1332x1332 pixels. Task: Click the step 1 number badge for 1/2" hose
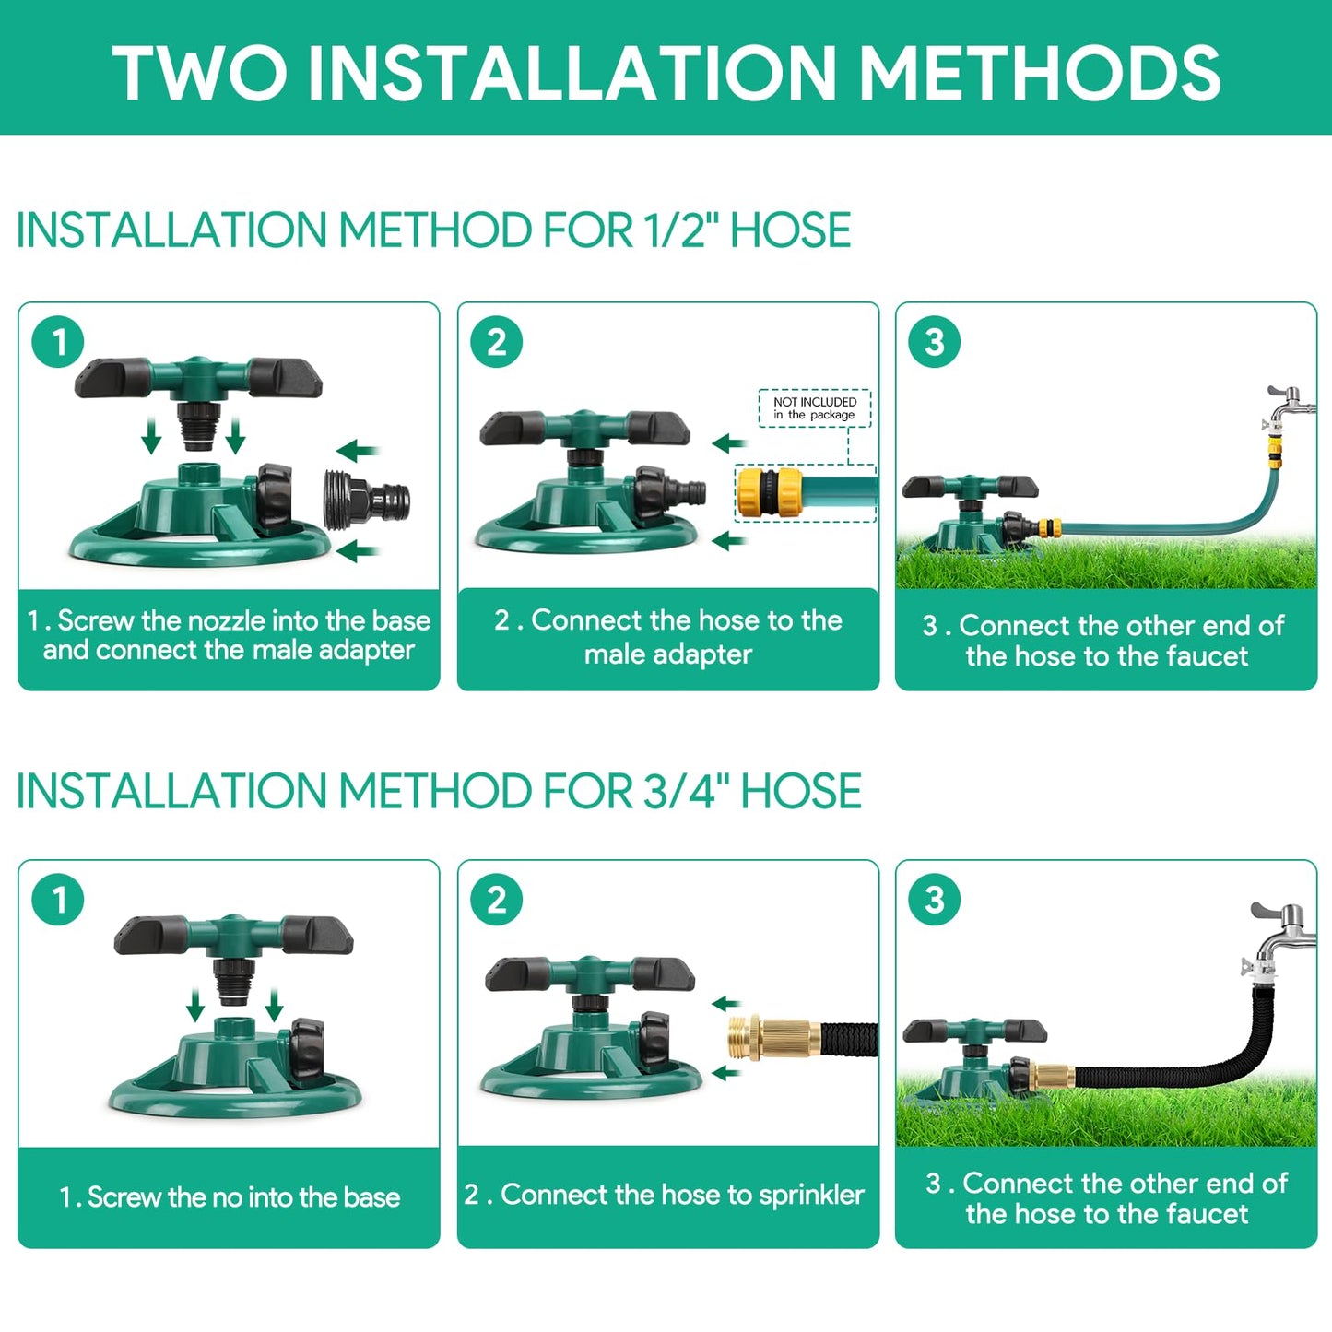(x=58, y=342)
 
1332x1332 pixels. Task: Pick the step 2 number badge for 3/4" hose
(x=496, y=900)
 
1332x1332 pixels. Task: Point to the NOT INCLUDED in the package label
(x=814, y=408)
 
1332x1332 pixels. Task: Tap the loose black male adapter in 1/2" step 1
(x=366, y=501)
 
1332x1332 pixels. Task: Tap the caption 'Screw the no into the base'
(x=230, y=1196)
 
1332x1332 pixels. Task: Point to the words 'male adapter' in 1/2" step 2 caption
(x=667, y=654)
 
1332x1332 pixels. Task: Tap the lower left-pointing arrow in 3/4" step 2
(x=726, y=1073)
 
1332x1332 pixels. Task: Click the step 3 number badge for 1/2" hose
(x=934, y=342)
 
